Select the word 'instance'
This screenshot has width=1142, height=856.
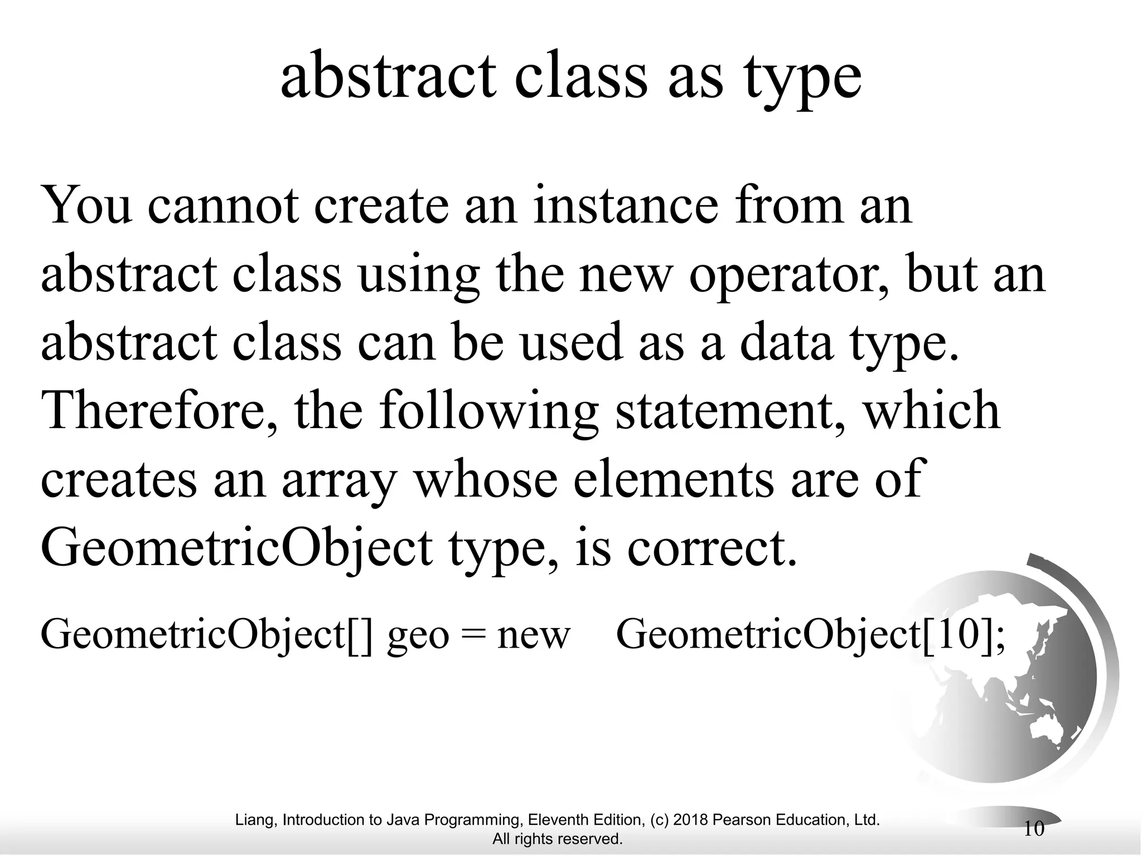pyautogui.click(x=626, y=206)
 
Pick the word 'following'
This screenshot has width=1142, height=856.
pyautogui.click(x=489, y=411)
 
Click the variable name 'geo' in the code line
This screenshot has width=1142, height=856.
pyautogui.click(x=418, y=636)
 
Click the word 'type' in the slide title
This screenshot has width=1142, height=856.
pyautogui.click(x=804, y=78)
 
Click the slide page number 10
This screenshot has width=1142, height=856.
pyautogui.click(x=1034, y=829)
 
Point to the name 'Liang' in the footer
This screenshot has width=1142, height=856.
pyautogui.click(x=255, y=820)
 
